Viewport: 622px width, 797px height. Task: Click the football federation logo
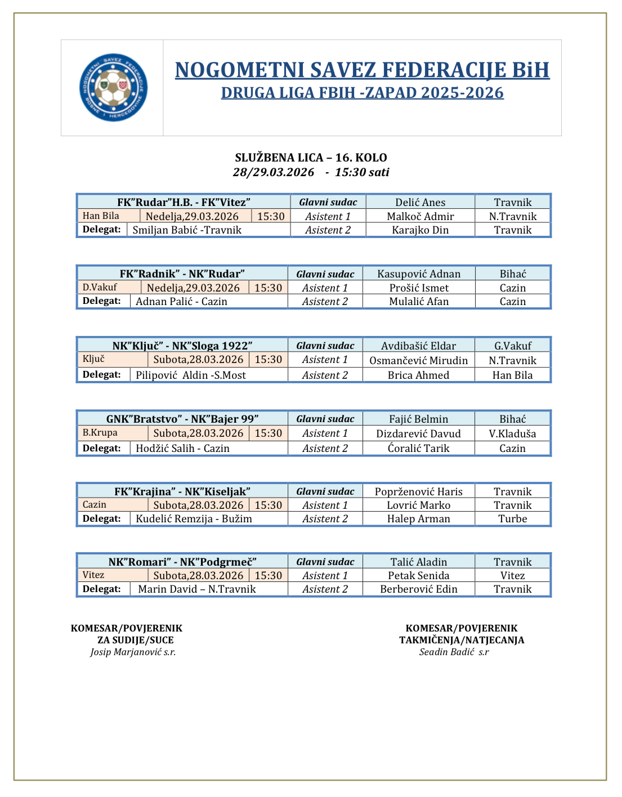[113, 87]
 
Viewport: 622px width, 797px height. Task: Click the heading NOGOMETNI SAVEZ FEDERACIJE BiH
[362, 70]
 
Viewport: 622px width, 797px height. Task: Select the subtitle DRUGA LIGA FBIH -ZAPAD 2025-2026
[362, 93]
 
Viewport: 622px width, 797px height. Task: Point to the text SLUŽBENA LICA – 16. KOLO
[311, 158]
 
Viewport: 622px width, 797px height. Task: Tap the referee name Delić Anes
[420, 202]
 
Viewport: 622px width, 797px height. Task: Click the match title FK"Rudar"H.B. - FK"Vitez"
[184, 202]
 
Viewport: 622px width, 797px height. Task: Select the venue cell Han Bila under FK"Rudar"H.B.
[101, 216]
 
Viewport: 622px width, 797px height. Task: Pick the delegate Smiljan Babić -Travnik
[187, 230]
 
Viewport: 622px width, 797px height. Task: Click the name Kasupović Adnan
[419, 274]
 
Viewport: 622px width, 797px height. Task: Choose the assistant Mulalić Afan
[419, 301]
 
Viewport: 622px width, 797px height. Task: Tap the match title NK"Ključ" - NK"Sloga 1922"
[182, 346]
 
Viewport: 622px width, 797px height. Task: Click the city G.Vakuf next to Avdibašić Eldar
[512, 346]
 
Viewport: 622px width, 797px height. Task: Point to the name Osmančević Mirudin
[418, 360]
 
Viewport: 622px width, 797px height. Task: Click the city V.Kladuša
[512, 433]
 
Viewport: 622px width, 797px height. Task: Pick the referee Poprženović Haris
[418, 491]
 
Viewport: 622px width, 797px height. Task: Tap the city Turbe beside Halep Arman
[512, 518]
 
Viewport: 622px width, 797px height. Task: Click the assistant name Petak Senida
[418, 575]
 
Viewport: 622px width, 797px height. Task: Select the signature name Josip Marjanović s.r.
[133, 652]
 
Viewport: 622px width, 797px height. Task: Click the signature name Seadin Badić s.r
[454, 652]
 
